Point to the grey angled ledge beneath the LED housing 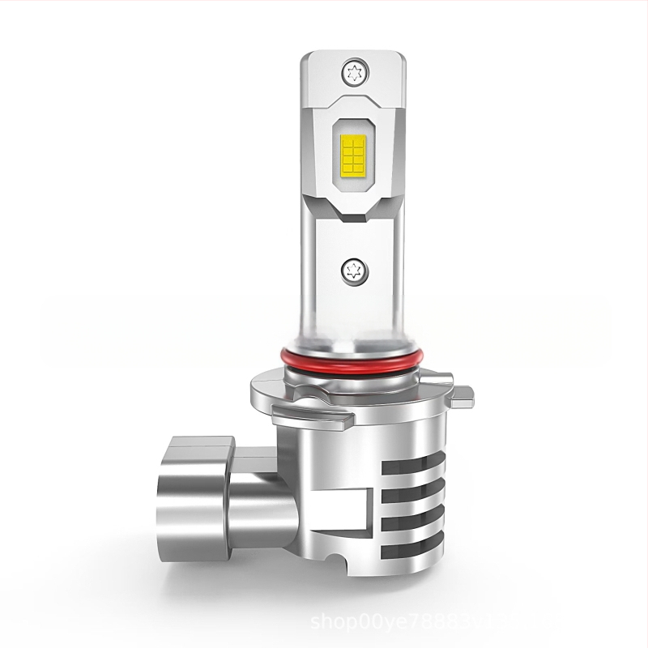353,212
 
